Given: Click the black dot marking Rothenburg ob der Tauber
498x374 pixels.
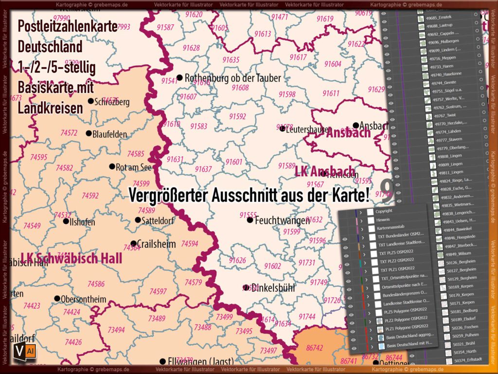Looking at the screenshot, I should point(179,77).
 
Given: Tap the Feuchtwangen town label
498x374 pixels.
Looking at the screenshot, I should point(282,220).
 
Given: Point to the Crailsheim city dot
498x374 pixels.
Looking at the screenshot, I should point(134,243).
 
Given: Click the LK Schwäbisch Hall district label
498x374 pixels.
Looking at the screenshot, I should point(71,258).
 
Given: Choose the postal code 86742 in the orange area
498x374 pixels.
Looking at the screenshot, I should point(315,348).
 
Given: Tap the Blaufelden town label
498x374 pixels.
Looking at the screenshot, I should point(110,133).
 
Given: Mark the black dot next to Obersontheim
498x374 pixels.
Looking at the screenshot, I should point(57,299).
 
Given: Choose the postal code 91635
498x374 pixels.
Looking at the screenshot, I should point(231,60).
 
